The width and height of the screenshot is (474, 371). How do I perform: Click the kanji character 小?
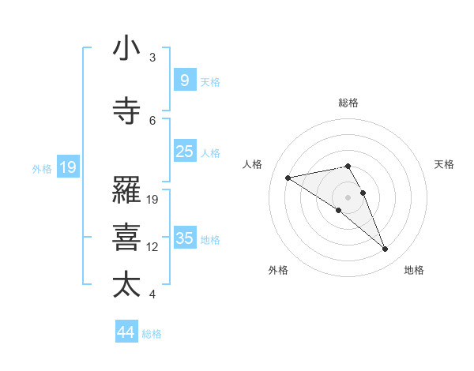tap(126, 49)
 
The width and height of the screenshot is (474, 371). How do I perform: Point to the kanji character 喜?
tap(126, 238)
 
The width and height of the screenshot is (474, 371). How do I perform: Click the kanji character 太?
tap(126, 284)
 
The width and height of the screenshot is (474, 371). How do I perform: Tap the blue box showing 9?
tap(184, 80)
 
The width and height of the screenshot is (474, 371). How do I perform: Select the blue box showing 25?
tap(184, 151)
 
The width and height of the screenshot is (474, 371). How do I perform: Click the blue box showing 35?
tap(184, 238)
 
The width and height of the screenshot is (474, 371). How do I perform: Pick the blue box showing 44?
tap(126, 332)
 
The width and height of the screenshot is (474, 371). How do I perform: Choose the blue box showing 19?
tap(67, 167)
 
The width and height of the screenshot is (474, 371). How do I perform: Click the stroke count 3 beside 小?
tap(152, 58)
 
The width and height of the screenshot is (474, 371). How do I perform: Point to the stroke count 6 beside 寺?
tap(152, 120)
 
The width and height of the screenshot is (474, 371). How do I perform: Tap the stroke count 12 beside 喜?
tap(152, 247)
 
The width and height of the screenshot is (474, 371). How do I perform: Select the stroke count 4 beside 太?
tap(152, 294)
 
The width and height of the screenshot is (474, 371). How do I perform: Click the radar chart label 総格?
tap(348, 103)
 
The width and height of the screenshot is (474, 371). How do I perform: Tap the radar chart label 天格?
tap(445, 164)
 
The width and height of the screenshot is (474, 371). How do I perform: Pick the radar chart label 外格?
tap(278, 270)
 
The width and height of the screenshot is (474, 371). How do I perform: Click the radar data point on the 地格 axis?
tap(386, 249)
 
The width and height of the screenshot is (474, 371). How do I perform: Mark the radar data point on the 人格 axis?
tap(288, 177)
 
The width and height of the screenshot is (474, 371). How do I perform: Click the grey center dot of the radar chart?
tap(348, 197)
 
